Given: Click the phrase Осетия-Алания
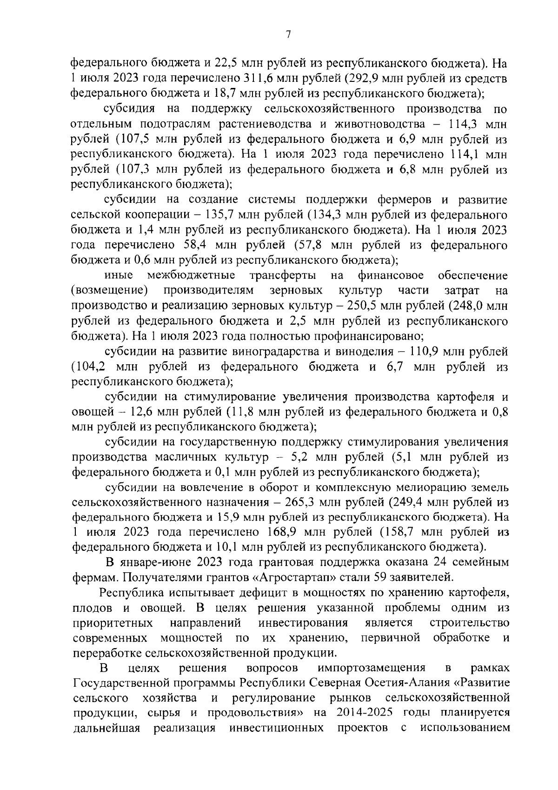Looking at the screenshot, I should click(411, 683).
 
